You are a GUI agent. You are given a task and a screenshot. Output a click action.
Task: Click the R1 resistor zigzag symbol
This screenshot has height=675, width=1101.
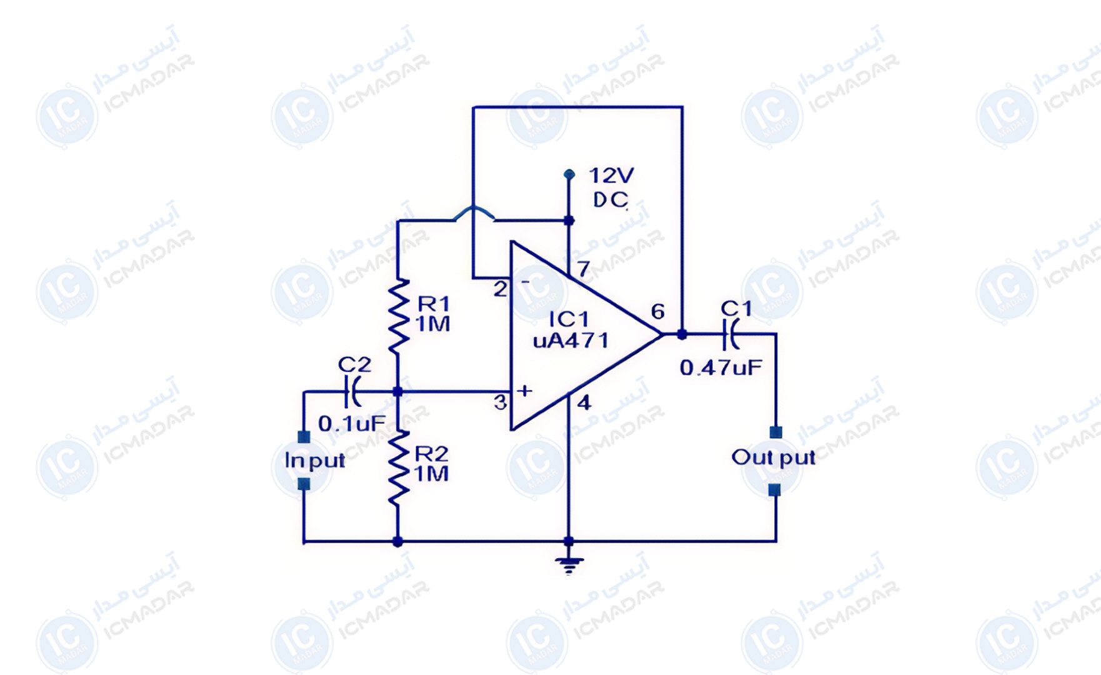(x=398, y=316)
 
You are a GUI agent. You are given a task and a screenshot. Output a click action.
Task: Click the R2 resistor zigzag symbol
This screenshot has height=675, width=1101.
(x=398, y=467)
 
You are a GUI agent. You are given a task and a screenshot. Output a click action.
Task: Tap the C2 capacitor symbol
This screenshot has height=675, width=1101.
(x=352, y=392)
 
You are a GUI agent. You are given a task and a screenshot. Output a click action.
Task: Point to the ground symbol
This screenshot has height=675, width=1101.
(x=569, y=564)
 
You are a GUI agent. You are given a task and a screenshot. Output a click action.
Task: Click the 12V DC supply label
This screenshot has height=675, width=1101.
(x=610, y=187)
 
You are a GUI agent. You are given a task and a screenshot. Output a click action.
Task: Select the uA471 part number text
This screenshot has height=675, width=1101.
(x=570, y=341)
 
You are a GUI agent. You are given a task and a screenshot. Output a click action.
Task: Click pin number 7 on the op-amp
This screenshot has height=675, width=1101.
(x=583, y=269)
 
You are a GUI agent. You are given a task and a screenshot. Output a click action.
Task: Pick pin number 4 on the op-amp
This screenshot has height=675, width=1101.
(x=584, y=403)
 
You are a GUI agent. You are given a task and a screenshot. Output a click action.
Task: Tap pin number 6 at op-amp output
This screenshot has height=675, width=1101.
(x=658, y=311)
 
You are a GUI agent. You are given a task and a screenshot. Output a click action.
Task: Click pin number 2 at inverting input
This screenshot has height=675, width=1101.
(x=500, y=289)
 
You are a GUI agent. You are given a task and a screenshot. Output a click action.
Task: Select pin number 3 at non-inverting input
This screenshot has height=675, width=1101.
(x=501, y=402)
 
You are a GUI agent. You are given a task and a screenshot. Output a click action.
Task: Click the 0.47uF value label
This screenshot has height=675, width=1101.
(x=721, y=367)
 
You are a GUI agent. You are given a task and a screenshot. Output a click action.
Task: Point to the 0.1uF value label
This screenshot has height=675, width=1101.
(x=352, y=424)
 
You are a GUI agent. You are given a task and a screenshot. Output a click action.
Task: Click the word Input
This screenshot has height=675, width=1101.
(x=314, y=461)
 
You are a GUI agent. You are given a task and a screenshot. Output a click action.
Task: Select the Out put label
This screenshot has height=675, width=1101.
(x=773, y=458)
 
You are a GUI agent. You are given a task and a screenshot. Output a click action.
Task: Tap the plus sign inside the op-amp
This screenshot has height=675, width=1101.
(x=525, y=391)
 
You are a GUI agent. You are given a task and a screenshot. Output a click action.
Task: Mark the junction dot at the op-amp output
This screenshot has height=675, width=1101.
(x=682, y=334)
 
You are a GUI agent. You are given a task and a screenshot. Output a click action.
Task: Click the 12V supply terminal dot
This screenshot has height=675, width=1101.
(x=569, y=174)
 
